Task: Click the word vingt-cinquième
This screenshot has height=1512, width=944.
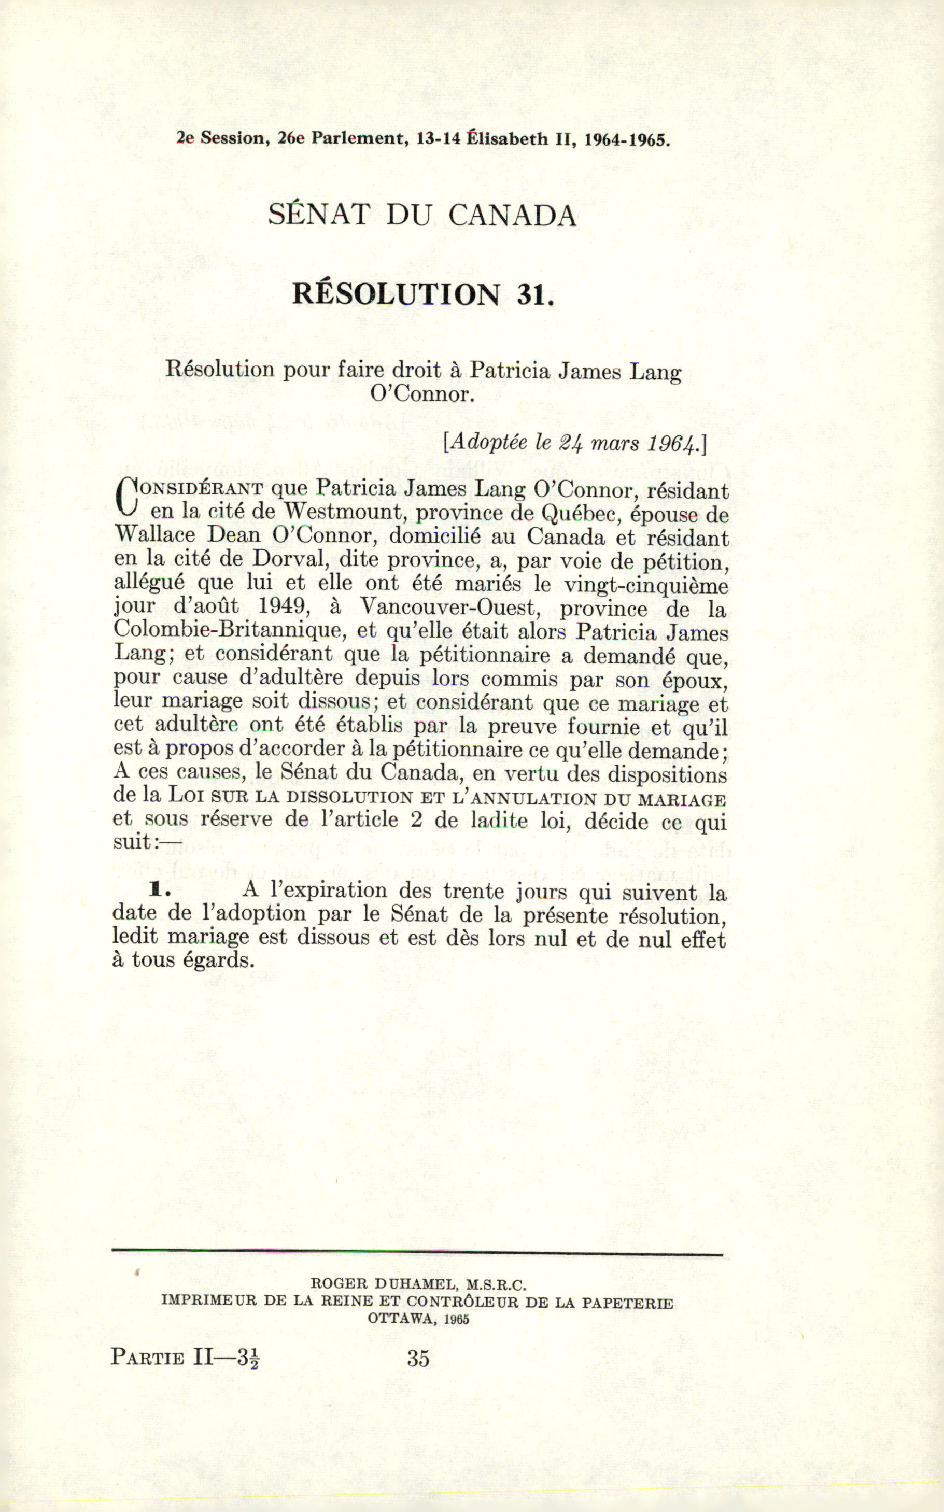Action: coord(645,584)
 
